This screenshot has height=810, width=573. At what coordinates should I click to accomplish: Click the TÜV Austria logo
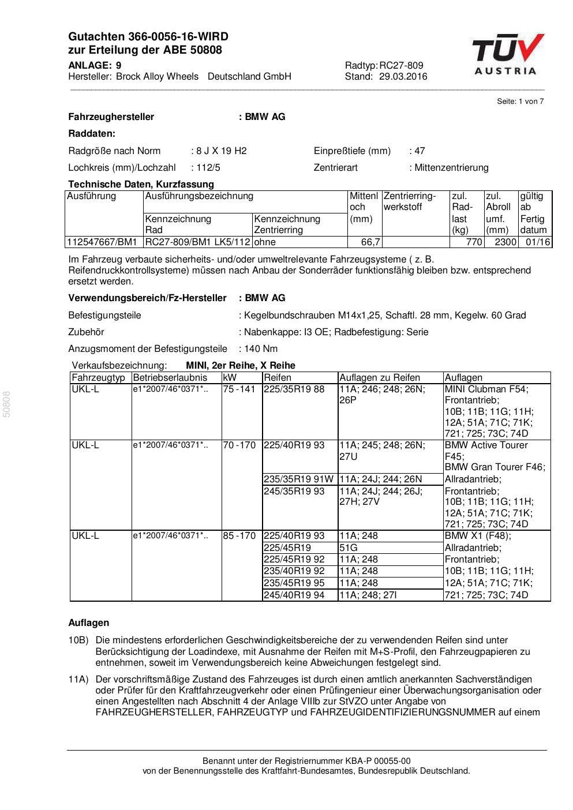click(x=507, y=55)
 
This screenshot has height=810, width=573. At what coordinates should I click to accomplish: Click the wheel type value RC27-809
click(x=401, y=65)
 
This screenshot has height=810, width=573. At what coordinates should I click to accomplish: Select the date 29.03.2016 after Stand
click(x=403, y=76)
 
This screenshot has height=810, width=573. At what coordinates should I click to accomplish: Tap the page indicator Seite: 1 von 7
click(x=520, y=102)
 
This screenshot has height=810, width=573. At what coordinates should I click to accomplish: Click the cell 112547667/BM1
click(x=102, y=242)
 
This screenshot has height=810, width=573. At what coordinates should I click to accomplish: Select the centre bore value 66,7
click(x=370, y=242)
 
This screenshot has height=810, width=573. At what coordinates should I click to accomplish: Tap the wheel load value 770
click(x=474, y=242)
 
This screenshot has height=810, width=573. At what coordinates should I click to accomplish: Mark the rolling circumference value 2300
click(x=505, y=242)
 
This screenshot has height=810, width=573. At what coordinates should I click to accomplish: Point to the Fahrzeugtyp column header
click(x=98, y=378)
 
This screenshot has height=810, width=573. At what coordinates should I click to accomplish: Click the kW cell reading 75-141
click(x=239, y=389)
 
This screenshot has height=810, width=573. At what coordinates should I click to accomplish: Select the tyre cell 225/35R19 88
click(x=294, y=389)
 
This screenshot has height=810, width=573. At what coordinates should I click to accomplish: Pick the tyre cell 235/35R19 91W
click(x=298, y=479)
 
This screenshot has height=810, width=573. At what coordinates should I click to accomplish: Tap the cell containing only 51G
click(x=349, y=547)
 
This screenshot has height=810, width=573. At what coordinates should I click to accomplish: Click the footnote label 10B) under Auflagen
click(x=78, y=640)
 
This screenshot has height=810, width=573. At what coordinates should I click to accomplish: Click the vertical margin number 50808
click(x=7, y=404)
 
